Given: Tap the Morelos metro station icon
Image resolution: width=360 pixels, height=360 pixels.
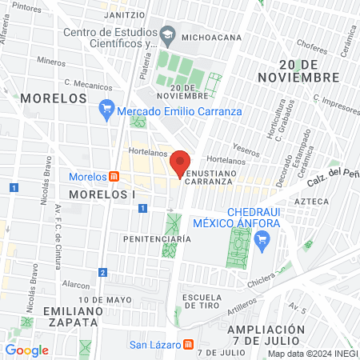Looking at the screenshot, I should pos(114,176).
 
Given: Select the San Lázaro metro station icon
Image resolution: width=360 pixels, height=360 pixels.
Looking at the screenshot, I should pos(188,346).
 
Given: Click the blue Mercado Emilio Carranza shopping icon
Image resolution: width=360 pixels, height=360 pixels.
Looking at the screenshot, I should pos(106,107).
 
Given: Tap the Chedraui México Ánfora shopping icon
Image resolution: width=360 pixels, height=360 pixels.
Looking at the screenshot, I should pos(260,238).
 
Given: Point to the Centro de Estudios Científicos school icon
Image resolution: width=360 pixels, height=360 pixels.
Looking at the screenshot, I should pos(168,34).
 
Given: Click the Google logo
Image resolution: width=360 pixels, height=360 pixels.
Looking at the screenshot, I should pos(26,350).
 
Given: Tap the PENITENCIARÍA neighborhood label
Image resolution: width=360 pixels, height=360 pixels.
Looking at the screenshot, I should pos(157,238).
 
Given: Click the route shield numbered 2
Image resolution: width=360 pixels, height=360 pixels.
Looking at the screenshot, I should pos(102,272).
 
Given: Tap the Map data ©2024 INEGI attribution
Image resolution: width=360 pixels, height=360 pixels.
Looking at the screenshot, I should pos(311,354).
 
